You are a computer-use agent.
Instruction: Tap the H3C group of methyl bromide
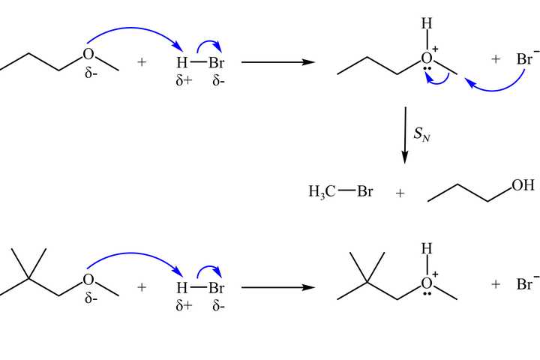[x=321, y=192]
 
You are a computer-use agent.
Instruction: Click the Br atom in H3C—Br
[x=364, y=192]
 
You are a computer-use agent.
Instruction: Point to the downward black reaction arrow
[x=405, y=135]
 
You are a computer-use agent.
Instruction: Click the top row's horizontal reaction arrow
[x=277, y=61]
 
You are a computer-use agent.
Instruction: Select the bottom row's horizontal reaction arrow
[x=277, y=286]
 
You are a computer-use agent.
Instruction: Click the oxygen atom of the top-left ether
[x=88, y=54]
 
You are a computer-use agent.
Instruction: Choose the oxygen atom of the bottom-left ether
[x=88, y=280]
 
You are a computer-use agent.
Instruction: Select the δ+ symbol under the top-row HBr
[x=184, y=79]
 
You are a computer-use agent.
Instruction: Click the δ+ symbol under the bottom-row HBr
[x=184, y=305]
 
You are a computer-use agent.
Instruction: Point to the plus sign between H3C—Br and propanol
[x=400, y=193]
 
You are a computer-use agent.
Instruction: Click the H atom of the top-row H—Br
[x=181, y=61]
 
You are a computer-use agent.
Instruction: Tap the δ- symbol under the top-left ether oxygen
[x=92, y=75]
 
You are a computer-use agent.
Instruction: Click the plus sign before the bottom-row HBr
[x=142, y=287]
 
